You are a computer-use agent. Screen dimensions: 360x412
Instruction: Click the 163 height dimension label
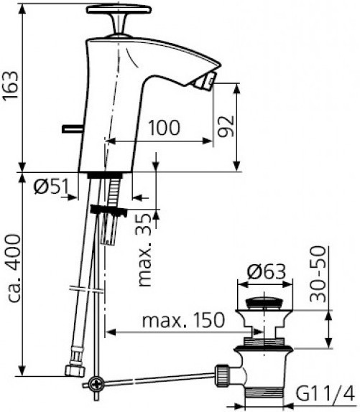(x=11, y=85)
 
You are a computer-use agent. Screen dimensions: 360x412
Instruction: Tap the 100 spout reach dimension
(x=165, y=128)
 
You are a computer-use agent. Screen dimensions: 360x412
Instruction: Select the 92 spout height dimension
(x=226, y=126)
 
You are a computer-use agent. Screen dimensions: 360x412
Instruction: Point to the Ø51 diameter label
(x=51, y=187)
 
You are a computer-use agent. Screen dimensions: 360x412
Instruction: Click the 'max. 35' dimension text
(x=145, y=249)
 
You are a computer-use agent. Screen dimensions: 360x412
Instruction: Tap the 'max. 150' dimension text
(x=183, y=320)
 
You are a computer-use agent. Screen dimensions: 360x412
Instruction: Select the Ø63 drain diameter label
(x=267, y=272)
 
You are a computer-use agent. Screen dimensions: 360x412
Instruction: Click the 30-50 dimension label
(x=318, y=274)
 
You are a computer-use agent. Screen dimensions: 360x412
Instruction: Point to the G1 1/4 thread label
(x=325, y=393)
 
